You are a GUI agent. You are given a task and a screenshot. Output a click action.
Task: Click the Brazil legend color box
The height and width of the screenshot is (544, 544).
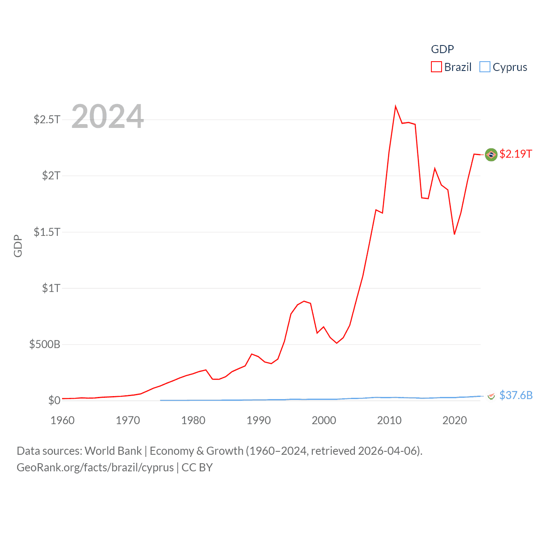tap(436, 67)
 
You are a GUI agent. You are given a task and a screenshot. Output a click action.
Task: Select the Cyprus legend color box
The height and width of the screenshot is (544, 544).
tap(485, 67)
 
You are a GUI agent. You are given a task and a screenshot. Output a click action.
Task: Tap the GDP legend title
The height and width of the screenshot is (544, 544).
tap(442, 49)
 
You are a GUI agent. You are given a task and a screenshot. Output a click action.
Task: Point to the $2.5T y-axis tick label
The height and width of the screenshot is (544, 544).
tap(47, 119)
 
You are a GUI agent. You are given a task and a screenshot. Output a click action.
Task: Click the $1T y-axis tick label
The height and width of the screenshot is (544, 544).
tap(51, 288)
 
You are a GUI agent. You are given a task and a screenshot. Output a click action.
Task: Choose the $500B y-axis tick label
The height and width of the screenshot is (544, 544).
tap(45, 344)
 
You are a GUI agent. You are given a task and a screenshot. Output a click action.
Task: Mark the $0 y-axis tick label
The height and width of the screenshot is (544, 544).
tap(54, 400)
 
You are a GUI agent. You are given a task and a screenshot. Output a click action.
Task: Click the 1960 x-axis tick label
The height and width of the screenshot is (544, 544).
tap(62, 420)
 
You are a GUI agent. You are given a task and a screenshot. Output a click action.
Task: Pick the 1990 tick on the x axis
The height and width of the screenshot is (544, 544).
tap(258, 420)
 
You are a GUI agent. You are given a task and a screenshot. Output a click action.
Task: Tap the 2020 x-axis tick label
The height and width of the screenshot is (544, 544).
tap(454, 420)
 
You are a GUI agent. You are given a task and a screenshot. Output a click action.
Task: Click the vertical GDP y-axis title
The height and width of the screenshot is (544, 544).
tap(18, 246)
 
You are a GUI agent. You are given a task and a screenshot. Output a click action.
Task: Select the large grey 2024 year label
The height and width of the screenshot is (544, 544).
tap(108, 116)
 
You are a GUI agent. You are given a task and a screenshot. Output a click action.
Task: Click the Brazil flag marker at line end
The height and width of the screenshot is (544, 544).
tap(491, 155)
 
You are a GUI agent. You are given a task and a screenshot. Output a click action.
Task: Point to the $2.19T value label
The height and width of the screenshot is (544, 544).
tap(516, 154)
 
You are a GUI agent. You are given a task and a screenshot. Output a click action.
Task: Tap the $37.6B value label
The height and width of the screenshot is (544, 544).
tap(516, 395)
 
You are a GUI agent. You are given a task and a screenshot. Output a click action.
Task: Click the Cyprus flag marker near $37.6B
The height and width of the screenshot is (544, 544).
tap(491, 396)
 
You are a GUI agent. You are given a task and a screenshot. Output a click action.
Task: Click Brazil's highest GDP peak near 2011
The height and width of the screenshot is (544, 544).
tap(395, 106)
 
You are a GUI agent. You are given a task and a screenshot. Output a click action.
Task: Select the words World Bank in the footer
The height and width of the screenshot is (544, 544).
tap(113, 451)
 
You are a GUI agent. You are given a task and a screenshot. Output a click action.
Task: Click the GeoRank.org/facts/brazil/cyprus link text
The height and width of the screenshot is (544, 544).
tap(95, 467)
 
